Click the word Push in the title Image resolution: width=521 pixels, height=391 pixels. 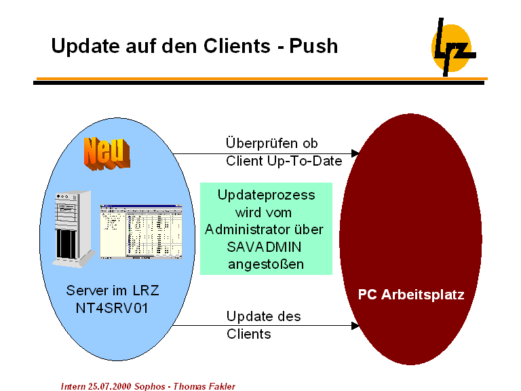pos(313,46)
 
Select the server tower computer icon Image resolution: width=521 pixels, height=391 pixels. pos(75,228)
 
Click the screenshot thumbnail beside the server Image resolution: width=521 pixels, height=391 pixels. pos(142,231)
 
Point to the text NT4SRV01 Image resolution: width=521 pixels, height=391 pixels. pos(113,307)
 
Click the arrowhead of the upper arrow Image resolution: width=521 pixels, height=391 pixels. pos(355,153)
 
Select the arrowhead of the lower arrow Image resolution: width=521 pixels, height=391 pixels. pos(355,326)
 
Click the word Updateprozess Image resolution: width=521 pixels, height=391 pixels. pos(266,195)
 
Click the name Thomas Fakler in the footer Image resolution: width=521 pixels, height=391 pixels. pos(205,386)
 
